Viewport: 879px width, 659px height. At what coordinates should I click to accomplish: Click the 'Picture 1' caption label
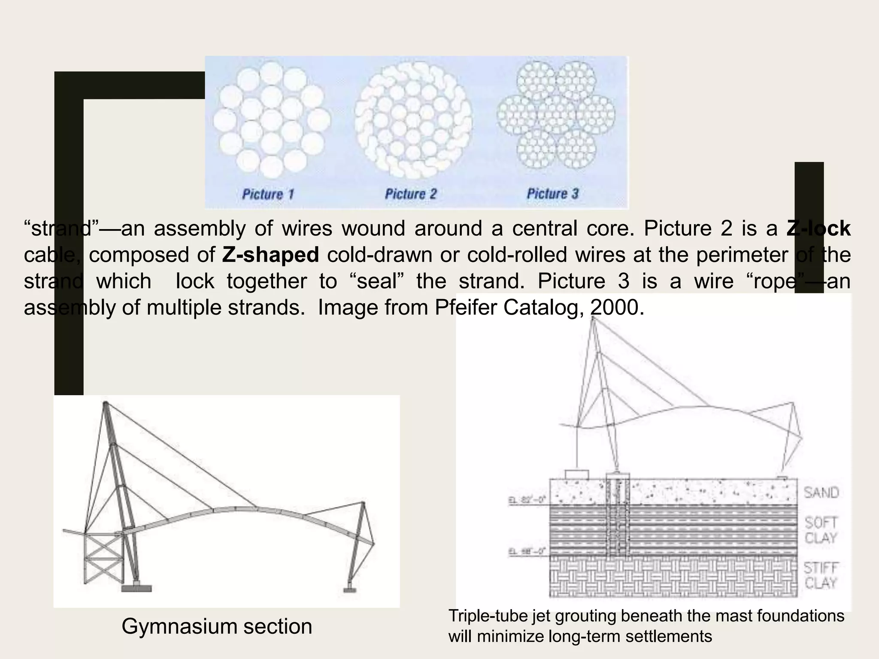[268, 194]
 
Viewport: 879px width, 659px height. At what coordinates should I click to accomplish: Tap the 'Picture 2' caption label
[410, 194]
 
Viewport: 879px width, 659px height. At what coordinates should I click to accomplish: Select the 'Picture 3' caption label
[552, 194]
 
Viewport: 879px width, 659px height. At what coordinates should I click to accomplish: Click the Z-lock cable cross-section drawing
[413, 121]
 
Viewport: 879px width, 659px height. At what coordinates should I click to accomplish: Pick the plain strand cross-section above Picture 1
[272, 120]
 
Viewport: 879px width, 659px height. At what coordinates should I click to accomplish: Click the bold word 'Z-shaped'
[270, 255]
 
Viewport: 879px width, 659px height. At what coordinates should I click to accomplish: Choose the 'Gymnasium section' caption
[217, 626]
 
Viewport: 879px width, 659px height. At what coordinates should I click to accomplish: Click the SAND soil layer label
[821, 493]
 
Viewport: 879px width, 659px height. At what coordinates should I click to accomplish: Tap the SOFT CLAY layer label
[821, 530]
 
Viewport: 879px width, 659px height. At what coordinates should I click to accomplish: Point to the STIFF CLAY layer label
[821, 575]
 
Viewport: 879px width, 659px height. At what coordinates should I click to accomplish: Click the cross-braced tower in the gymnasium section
[103, 557]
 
